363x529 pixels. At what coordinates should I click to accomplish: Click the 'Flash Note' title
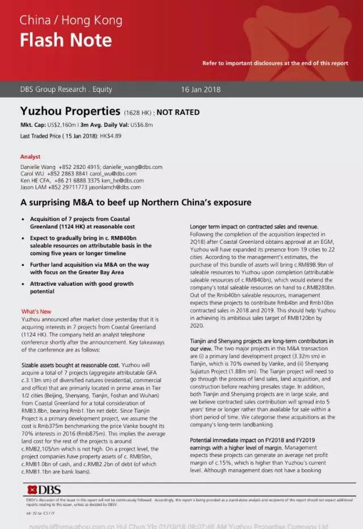tap(66, 40)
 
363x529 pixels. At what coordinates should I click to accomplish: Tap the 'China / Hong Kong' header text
tap(71, 20)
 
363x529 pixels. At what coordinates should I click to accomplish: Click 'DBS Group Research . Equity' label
tap(66, 89)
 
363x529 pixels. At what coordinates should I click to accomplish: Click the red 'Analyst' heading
tap(30, 156)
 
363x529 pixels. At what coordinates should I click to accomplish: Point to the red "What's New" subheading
tap(36, 311)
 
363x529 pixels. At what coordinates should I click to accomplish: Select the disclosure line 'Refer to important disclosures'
tap(275, 63)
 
